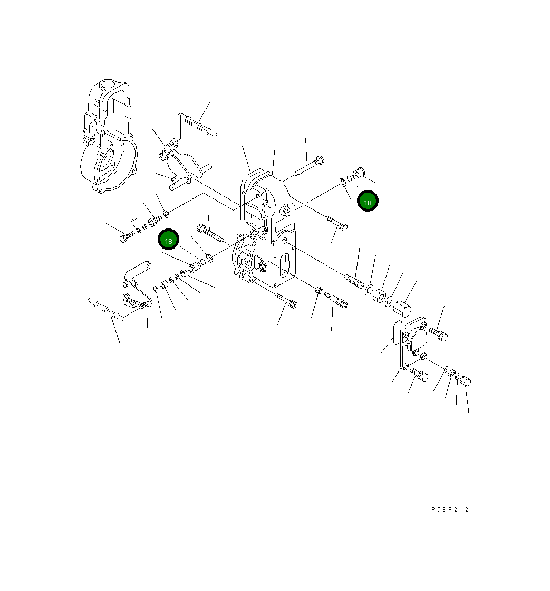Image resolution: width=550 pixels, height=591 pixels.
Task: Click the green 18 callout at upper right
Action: pyautogui.click(x=368, y=202)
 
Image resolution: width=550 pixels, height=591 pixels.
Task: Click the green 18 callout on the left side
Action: pyautogui.click(x=169, y=241)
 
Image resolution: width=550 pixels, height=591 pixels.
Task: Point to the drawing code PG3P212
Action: pyautogui.click(x=449, y=510)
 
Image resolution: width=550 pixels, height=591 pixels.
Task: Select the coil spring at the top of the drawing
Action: pyautogui.click(x=198, y=125)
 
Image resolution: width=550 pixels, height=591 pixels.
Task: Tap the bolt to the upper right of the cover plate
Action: pyautogui.click(x=439, y=334)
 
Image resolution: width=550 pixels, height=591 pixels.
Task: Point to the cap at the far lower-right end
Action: pyautogui.click(x=466, y=382)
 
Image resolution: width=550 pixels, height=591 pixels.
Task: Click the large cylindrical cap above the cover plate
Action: pyautogui.click(x=404, y=307)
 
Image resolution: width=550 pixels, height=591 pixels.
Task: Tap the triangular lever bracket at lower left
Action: pyautogui.click(x=133, y=288)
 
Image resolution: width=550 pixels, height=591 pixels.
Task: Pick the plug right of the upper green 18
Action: pyautogui.click(x=359, y=172)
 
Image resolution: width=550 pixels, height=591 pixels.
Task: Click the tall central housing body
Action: pyautogui.click(x=266, y=227)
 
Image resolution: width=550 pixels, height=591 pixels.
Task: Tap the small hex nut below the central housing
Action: pyautogui.click(x=318, y=290)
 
